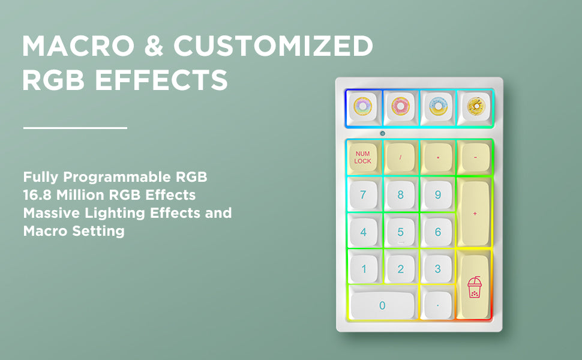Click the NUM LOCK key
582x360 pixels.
tap(363, 157)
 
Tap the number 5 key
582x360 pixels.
tap(400, 232)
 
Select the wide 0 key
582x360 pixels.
tap(382, 305)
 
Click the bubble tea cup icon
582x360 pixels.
tap(475, 287)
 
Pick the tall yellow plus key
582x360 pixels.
tap(475, 213)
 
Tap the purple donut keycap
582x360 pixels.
tap(362, 107)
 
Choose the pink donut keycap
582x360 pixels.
tap(400, 107)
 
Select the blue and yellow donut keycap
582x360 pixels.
tap(438, 107)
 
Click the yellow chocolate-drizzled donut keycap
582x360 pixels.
tap(476, 107)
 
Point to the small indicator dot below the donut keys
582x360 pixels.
tap(383, 133)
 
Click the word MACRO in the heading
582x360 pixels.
tap(78, 46)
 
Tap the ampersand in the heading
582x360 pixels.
tap(154, 46)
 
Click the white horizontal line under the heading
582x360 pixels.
tap(75, 128)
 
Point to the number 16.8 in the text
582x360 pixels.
tap(37, 195)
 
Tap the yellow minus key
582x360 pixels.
tap(475, 157)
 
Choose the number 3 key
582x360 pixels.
tap(438, 269)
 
